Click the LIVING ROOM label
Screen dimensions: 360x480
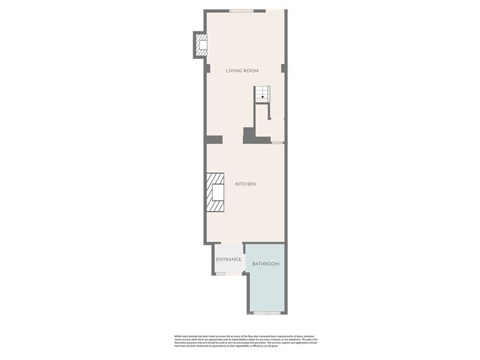coord(241,70)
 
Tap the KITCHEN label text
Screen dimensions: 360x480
coord(245,184)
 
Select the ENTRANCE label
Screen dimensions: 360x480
coord(229,259)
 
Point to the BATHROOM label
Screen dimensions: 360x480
coord(265,264)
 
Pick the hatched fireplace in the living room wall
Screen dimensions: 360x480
coord(200,45)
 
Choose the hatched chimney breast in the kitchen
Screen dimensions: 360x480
coord(215,193)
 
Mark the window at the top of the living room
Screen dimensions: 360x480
coord(241,10)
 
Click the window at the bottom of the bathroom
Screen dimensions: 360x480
coord(267,313)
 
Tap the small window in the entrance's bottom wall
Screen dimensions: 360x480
coord(221,273)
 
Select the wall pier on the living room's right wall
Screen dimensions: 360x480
coord(284,69)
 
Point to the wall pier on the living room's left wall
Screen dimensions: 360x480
coord(207,69)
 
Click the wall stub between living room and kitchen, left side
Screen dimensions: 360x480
coord(214,139)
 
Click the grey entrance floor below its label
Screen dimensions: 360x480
coord(229,267)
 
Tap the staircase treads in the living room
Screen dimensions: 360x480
coord(261,92)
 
